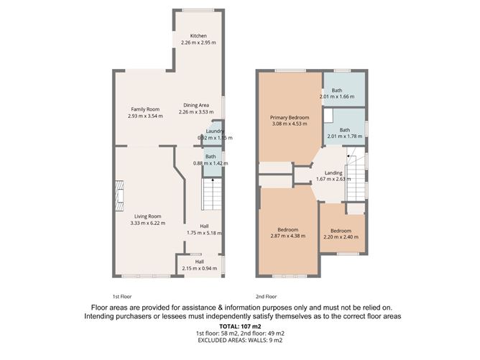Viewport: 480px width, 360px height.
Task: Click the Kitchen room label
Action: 198,36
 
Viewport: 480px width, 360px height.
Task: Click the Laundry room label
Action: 215,131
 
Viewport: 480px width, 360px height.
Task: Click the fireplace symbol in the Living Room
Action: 114,193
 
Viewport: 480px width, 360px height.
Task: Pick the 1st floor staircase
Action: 211,193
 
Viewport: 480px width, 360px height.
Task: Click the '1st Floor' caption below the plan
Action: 121,296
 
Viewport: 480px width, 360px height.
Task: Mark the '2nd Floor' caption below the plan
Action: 266,296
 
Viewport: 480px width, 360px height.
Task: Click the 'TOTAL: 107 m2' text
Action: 239,327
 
